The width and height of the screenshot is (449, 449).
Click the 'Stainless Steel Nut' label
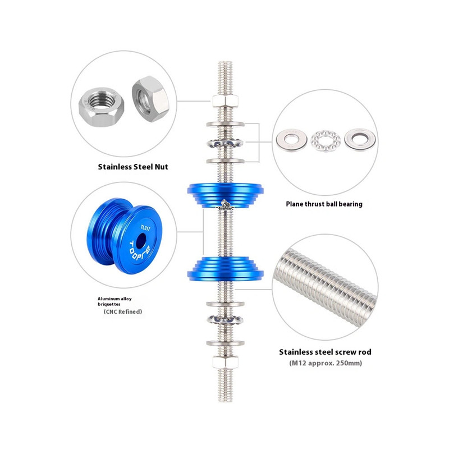[133, 167]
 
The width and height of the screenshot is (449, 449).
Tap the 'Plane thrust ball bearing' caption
[324, 204]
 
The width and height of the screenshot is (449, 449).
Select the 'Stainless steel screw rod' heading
[325, 352]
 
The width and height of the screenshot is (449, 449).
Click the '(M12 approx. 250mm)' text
[326, 363]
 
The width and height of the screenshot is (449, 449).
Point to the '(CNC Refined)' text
[122, 311]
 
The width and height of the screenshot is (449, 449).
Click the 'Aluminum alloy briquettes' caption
[114, 301]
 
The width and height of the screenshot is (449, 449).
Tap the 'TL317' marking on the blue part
[145, 228]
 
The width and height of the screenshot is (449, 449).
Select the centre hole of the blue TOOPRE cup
[141, 241]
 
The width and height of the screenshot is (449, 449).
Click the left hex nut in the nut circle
[102, 107]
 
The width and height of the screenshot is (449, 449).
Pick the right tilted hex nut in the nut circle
[150, 99]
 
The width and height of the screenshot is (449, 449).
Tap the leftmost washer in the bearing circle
[291, 140]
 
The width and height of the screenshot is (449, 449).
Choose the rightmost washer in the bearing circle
[360, 139]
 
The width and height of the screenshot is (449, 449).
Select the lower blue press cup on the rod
[226, 268]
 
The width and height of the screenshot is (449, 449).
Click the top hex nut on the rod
[226, 101]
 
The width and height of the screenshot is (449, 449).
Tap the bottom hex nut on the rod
[226, 362]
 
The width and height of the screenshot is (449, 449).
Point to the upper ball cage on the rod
[226, 143]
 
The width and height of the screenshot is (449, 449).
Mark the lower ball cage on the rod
[226, 319]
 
